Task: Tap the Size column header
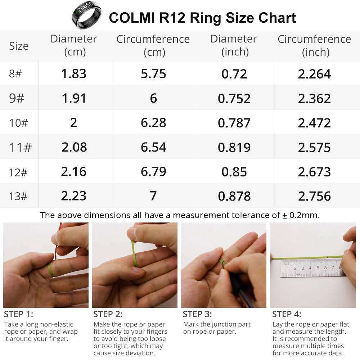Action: (x=19, y=46)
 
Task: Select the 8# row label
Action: (x=15, y=74)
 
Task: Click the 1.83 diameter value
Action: (x=74, y=74)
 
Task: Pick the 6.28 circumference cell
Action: (x=153, y=123)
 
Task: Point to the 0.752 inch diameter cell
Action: (x=234, y=98)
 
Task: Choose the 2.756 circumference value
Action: (x=314, y=196)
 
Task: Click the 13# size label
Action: (x=18, y=196)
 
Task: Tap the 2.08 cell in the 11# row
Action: (x=74, y=147)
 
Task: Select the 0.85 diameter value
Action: (x=234, y=172)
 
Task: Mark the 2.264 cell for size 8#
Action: (x=314, y=74)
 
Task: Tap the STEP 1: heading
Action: (x=18, y=314)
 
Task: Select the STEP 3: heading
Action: (x=197, y=314)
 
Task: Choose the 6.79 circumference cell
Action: (x=153, y=172)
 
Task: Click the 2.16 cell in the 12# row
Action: (x=74, y=172)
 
